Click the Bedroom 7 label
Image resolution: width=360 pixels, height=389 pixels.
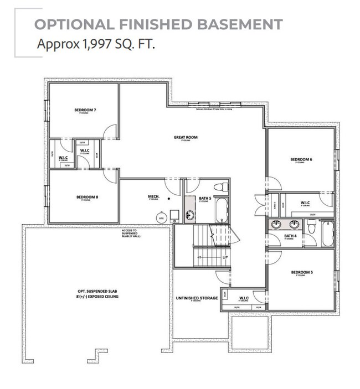tap(85, 111)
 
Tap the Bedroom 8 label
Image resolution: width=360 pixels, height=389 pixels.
tap(87, 197)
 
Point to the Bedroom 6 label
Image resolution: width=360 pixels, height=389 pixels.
tap(301, 160)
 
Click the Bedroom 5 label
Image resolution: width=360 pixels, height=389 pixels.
tap(301, 272)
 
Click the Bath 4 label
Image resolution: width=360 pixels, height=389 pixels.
tap(290, 236)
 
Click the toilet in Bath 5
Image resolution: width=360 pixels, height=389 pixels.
tap(220, 186)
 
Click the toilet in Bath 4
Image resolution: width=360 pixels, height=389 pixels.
tap(311, 226)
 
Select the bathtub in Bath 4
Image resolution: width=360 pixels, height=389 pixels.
tap(327, 234)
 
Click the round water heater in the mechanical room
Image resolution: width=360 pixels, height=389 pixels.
tap(161, 218)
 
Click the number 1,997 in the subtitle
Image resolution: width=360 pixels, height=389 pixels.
tap(83, 44)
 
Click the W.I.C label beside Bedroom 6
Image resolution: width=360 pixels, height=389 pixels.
tap(305, 203)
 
